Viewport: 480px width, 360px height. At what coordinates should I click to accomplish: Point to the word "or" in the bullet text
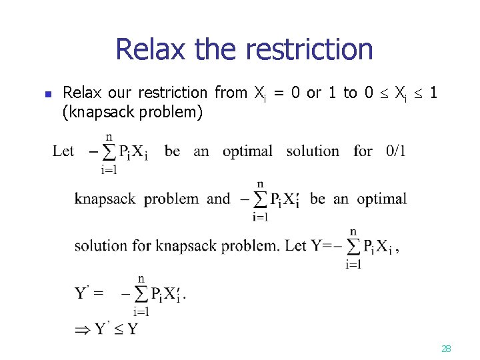[313, 93]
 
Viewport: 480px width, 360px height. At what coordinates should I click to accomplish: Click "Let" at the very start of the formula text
[63, 151]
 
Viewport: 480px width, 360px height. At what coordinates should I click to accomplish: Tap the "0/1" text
[395, 151]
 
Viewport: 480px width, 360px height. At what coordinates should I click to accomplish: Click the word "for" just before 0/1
[363, 151]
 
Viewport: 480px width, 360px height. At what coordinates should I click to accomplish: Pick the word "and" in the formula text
[219, 199]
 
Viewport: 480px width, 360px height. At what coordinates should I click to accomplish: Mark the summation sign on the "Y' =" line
[141, 294]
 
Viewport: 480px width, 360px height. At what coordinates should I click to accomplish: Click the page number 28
[447, 348]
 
